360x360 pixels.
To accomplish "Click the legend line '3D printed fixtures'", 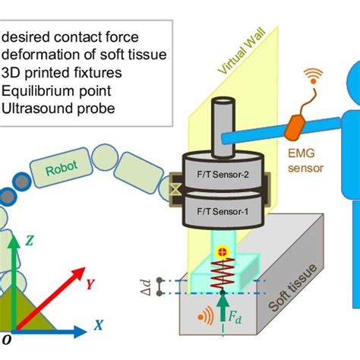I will (58, 72).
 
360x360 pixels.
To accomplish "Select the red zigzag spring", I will (222, 271).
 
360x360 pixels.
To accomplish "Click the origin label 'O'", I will (7, 339).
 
